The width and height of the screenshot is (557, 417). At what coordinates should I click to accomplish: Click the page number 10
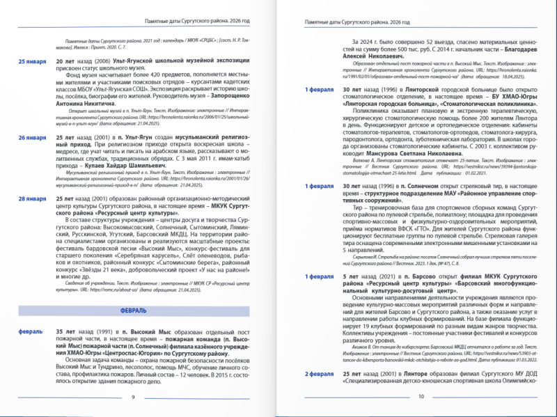(421, 397)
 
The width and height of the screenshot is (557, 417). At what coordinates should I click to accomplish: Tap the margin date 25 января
(32, 61)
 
